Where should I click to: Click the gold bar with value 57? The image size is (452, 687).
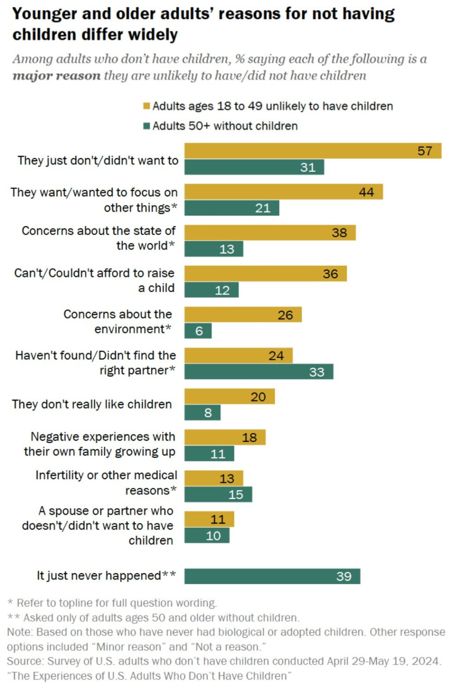coord(313,151)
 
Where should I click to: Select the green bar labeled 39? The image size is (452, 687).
coord(272,576)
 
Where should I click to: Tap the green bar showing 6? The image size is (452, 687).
coord(198,331)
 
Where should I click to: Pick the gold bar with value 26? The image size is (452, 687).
coord(243,315)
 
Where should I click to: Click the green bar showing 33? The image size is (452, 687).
coord(259,371)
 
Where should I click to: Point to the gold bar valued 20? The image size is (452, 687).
coord(229,396)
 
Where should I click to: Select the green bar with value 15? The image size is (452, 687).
coord(218,494)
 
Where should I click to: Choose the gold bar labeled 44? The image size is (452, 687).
coord(284,192)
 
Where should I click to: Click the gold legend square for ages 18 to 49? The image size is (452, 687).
coord(147,106)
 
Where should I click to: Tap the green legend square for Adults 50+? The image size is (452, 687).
coord(147,126)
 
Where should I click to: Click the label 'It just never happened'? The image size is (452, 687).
coord(99,575)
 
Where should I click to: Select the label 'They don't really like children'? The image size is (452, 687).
coord(92,404)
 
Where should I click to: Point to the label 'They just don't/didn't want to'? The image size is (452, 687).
coord(98,160)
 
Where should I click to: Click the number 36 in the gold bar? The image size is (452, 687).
coord(330,274)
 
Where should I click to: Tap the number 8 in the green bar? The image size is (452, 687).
coord(208,412)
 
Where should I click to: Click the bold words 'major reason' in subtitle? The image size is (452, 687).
coord(56,76)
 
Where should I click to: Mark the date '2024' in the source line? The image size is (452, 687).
coord(425,661)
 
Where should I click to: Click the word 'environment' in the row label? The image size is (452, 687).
coord(129,329)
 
